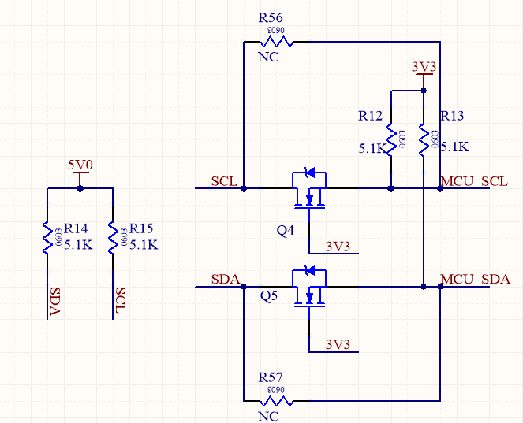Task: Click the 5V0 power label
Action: (80, 165)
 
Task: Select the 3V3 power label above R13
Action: (424, 66)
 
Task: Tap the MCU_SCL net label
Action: (474, 182)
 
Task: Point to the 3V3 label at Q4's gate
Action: (338, 247)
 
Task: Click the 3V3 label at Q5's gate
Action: (338, 344)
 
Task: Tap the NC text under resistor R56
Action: (268, 58)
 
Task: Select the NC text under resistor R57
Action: (268, 415)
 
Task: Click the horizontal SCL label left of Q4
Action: (225, 182)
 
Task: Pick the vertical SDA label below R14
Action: (54, 301)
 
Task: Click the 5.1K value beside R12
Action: (372, 148)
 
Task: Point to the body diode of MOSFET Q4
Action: (310, 173)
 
